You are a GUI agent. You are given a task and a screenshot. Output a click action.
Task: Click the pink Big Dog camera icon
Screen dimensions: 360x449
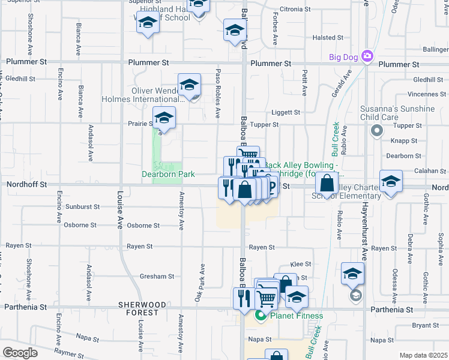click(x=367, y=58)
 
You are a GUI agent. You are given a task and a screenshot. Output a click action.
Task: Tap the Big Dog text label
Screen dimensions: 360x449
click(x=343, y=58)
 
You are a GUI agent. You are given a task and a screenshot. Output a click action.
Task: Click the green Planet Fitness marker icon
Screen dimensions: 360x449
click(x=261, y=316)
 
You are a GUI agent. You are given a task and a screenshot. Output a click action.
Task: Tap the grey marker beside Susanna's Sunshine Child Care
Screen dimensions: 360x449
click(x=377, y=130)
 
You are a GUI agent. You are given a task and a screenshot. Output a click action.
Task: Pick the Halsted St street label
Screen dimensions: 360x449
click(x=328, y=38)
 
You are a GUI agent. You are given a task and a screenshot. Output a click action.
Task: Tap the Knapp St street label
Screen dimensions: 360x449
click(x=406, y=140)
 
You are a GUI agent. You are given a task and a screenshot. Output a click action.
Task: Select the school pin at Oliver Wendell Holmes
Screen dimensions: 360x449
click(x=189, y=85)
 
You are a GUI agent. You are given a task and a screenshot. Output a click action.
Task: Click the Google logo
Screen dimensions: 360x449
click(x=20, y=353)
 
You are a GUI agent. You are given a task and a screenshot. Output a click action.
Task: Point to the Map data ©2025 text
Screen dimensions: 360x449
click(x=423, y=355)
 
